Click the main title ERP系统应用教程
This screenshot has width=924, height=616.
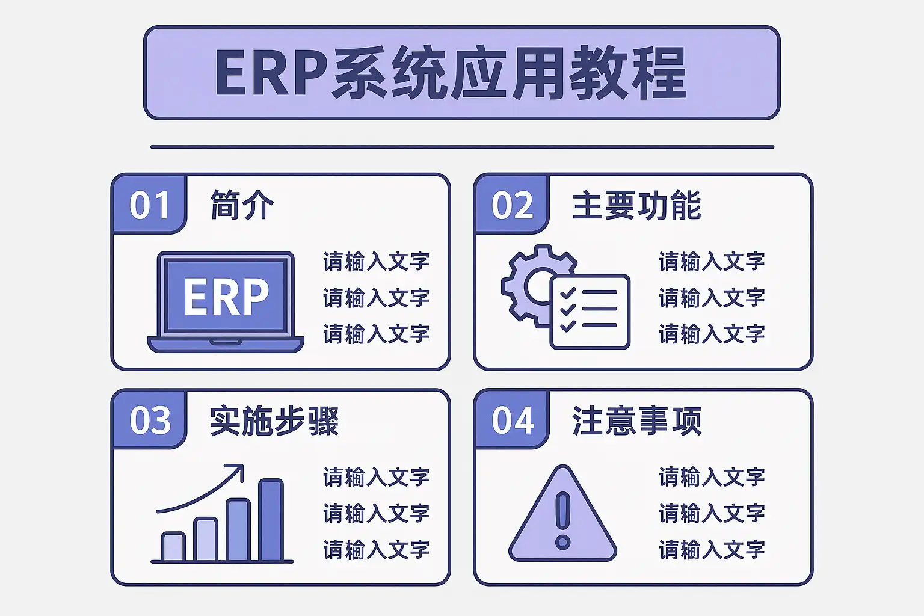tap(451, 73)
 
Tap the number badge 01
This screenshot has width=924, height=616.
tap(149, 205)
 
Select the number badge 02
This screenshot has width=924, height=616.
tap(512, 205)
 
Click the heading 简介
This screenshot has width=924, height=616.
tap(242, 205)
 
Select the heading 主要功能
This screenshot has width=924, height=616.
tap(637, 205)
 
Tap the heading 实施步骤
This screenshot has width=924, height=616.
tap(274, 421)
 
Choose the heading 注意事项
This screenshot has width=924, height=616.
tap(637, 421)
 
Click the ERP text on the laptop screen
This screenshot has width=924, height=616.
tap(226, 296)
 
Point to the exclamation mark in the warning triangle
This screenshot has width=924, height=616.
tap(562, 522)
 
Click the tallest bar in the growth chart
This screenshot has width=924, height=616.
tap(271, 520)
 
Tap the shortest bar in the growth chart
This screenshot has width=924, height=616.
tap(173, 547)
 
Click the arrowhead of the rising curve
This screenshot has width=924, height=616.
tap(238, 470)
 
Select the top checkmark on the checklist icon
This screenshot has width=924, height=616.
tap(568, 292)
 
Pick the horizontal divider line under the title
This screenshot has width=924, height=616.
tap(462, 146)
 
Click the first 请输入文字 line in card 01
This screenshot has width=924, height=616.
tap(376, 262)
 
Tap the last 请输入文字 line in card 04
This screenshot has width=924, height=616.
tap(712, 550)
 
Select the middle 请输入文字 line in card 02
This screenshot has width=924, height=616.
tap(712, 298)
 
